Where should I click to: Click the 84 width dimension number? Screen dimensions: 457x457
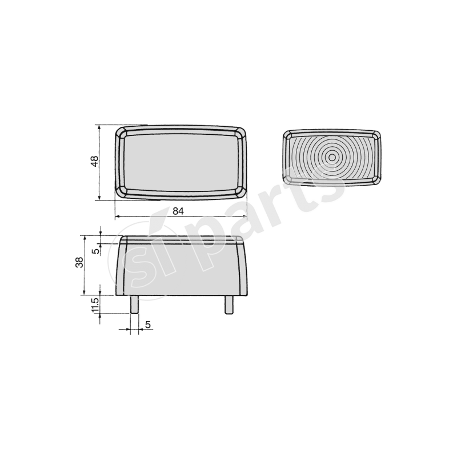pyautogui.click(x=178, y=211)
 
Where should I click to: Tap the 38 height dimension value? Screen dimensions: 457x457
pyautogui.click(x=79, y=262)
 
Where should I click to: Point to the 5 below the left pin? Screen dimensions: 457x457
pyautogui.click(x=147, y=324)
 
